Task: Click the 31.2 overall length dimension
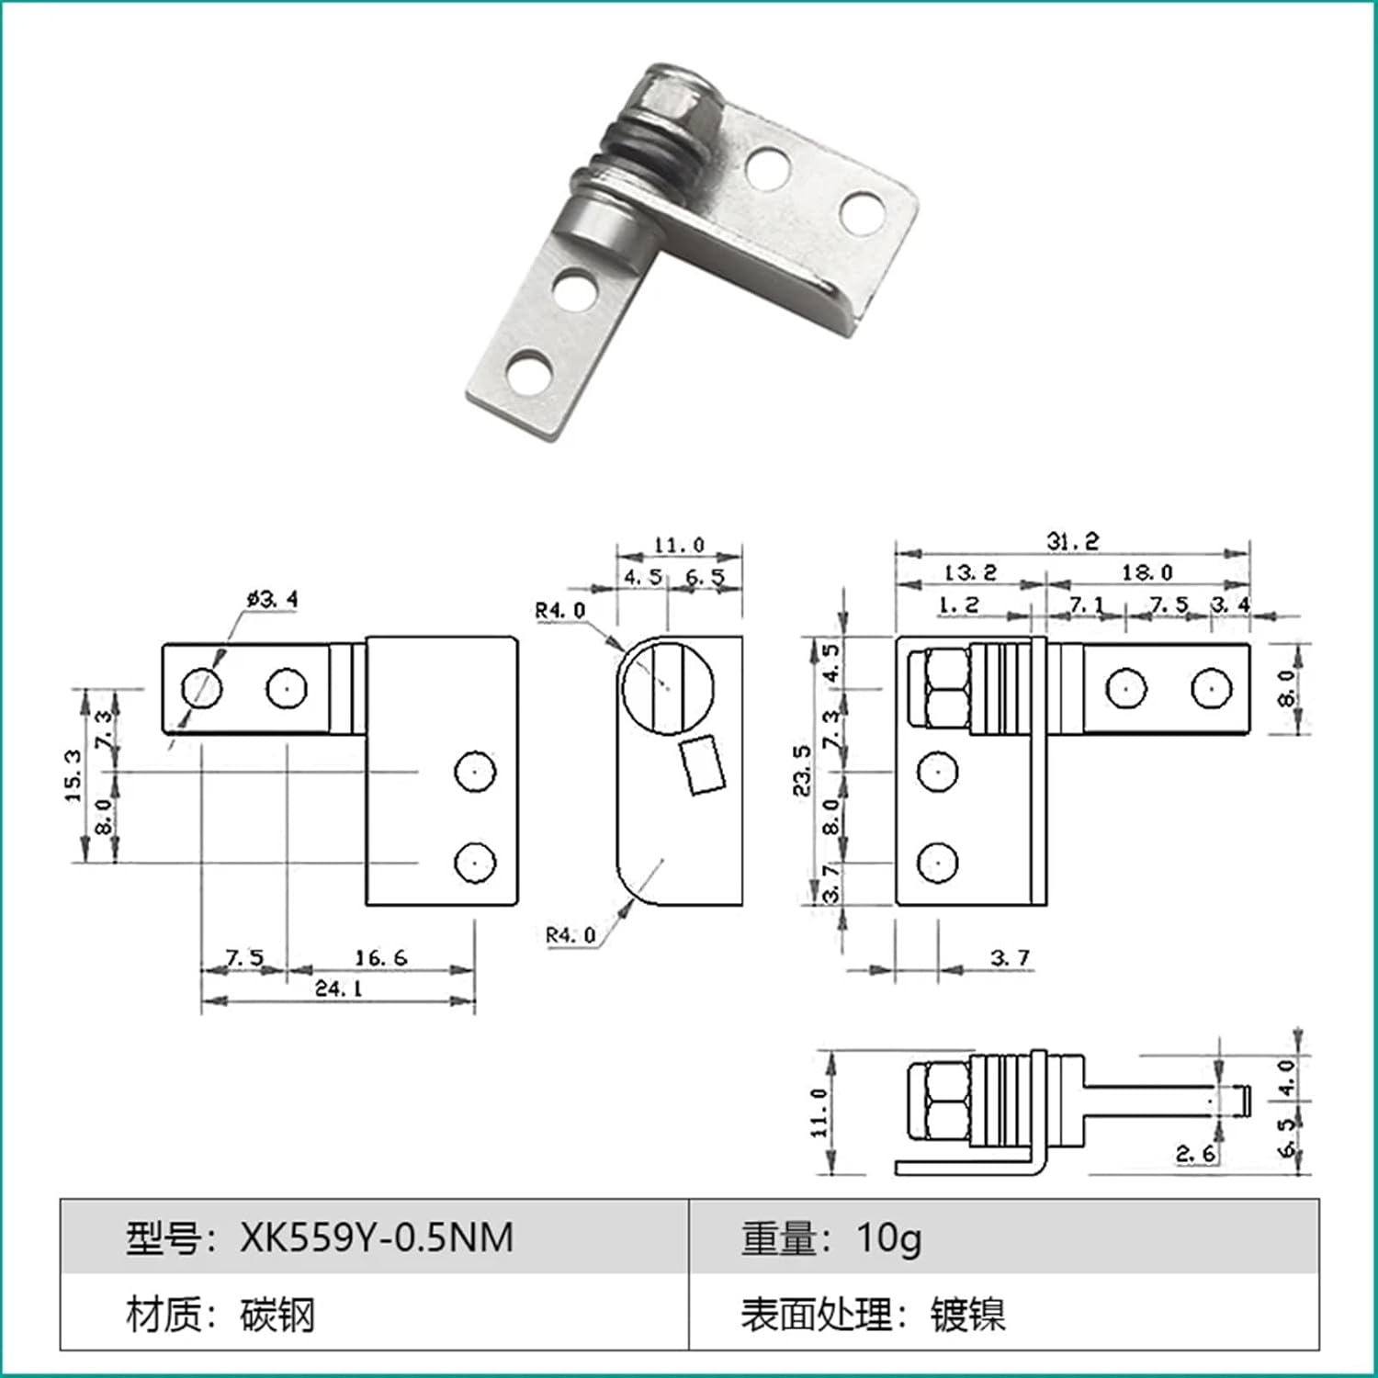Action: pos(1072,541)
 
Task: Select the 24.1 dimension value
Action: pos(338,988)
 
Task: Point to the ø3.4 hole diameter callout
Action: pos(272,599)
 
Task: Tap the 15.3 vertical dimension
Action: pos(73,774)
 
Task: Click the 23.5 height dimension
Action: pos(802,770)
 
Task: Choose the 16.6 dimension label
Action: pos(380,957)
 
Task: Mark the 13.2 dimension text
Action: pos(970,572)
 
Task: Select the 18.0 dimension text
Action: pos(1146,572)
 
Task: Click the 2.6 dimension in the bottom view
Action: pos(1195,1153)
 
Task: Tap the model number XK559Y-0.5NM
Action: pos(377,1237)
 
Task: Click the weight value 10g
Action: pos(888,1237)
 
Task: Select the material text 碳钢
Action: pos(277,1315)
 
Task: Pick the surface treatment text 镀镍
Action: pos(967,1315)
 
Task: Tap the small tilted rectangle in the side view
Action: pos(703,764)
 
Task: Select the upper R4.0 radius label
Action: pos(559,610)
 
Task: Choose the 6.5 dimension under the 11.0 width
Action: pos(705,577)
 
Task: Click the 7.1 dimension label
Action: pos(1086,604)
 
